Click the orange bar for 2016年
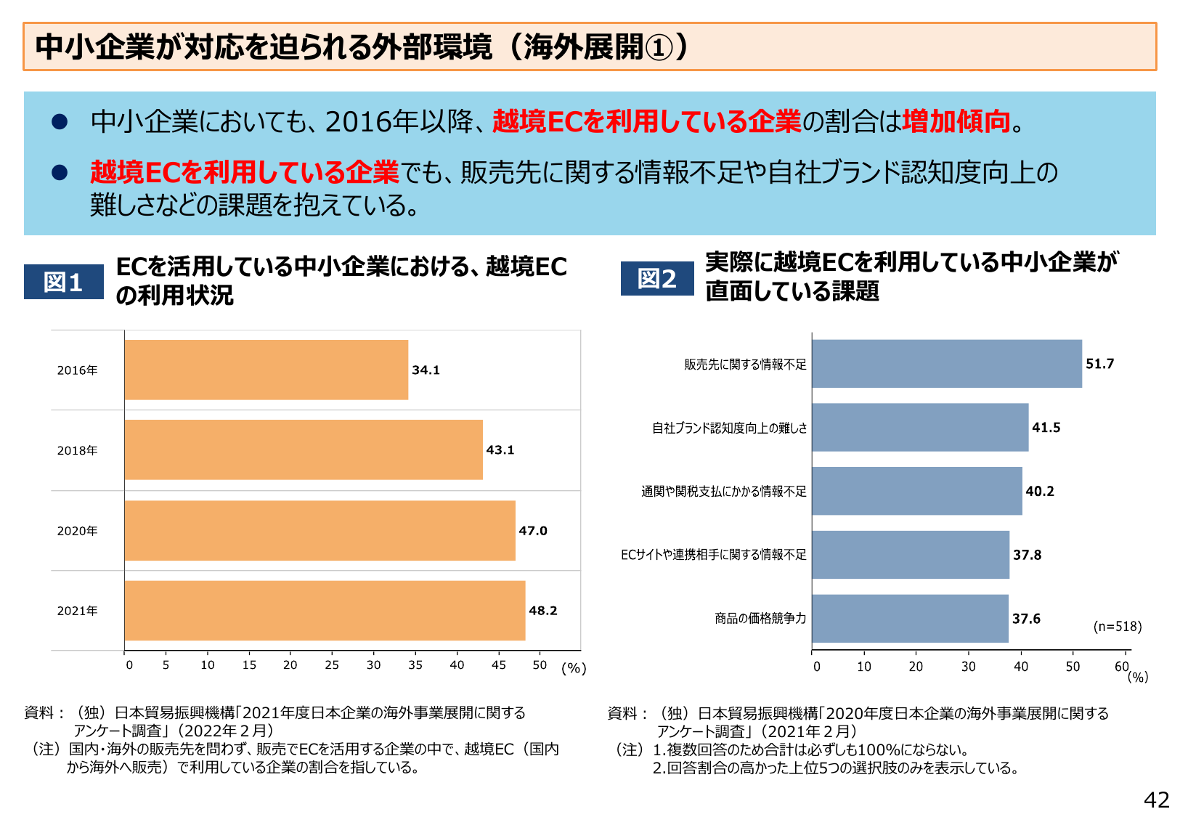[x=266, y=370]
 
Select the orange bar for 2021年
[x=325, y=611]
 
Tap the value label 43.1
[x=500, y=450]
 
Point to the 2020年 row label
[x=77, y=531]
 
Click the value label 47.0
[x=533, y=531]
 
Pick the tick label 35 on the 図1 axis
[x=415, y=665]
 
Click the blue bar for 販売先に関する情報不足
[x=946, y=364]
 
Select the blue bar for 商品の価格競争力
[x=910, y=619]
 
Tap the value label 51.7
[x=1099, y=364]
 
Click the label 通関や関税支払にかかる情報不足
[x=723, y=492]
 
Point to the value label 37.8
[x=1027, y=555]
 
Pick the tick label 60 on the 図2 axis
[x=1122, y=666]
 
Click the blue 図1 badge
[x=64, y=282]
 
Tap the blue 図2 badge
[x=657, y=279]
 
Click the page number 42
[x=1156, y=800]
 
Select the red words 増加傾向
[x=956, y=121]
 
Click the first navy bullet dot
[x=60, y=122]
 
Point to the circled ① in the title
[x=659, y=48]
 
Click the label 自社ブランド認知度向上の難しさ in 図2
[x=729, y=428]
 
